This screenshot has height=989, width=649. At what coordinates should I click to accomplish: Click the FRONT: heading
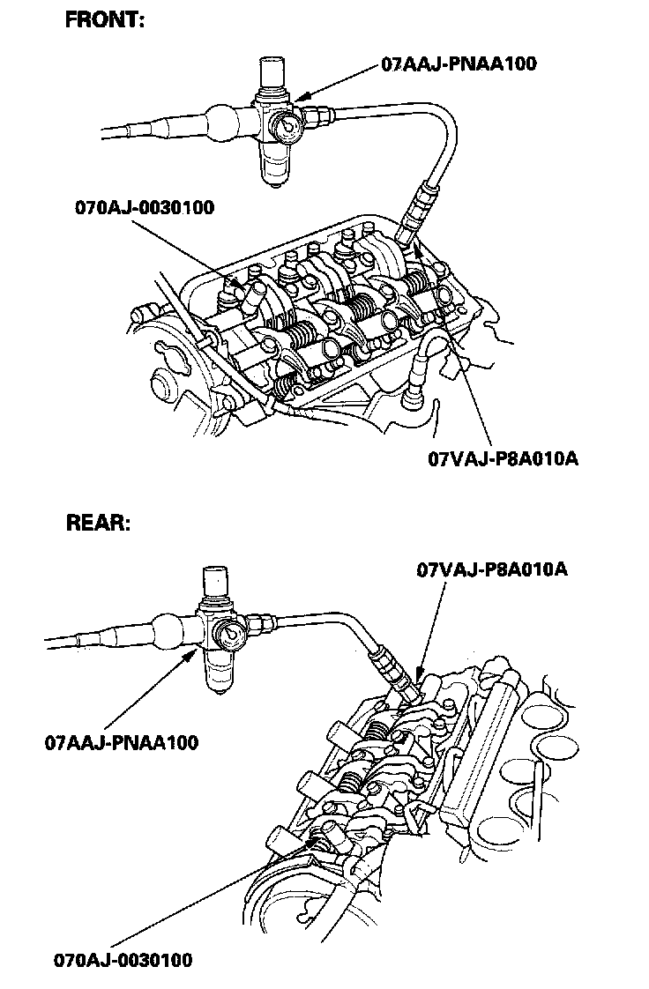[x=105, y=20]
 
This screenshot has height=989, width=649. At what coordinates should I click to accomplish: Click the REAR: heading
[x=99, y=523]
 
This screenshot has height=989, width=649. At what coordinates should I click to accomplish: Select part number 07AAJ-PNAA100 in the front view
[x=459, y=63]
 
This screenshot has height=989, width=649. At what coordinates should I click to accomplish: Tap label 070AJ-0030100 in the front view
[x=145, y=208]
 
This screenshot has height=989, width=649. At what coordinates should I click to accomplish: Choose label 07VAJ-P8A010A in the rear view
[x=491, y=569]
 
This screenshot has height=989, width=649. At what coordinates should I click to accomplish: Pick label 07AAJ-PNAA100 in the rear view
[x=122, y=742]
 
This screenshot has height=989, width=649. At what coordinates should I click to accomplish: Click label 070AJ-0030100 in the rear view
[x=122, y=960]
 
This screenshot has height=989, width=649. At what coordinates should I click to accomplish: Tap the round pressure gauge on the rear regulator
[x=231, y=632]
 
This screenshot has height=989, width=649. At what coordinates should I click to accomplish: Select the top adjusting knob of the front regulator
[x=273, y=72]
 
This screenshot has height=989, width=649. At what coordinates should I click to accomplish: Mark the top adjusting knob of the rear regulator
[x=215, y=580]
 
